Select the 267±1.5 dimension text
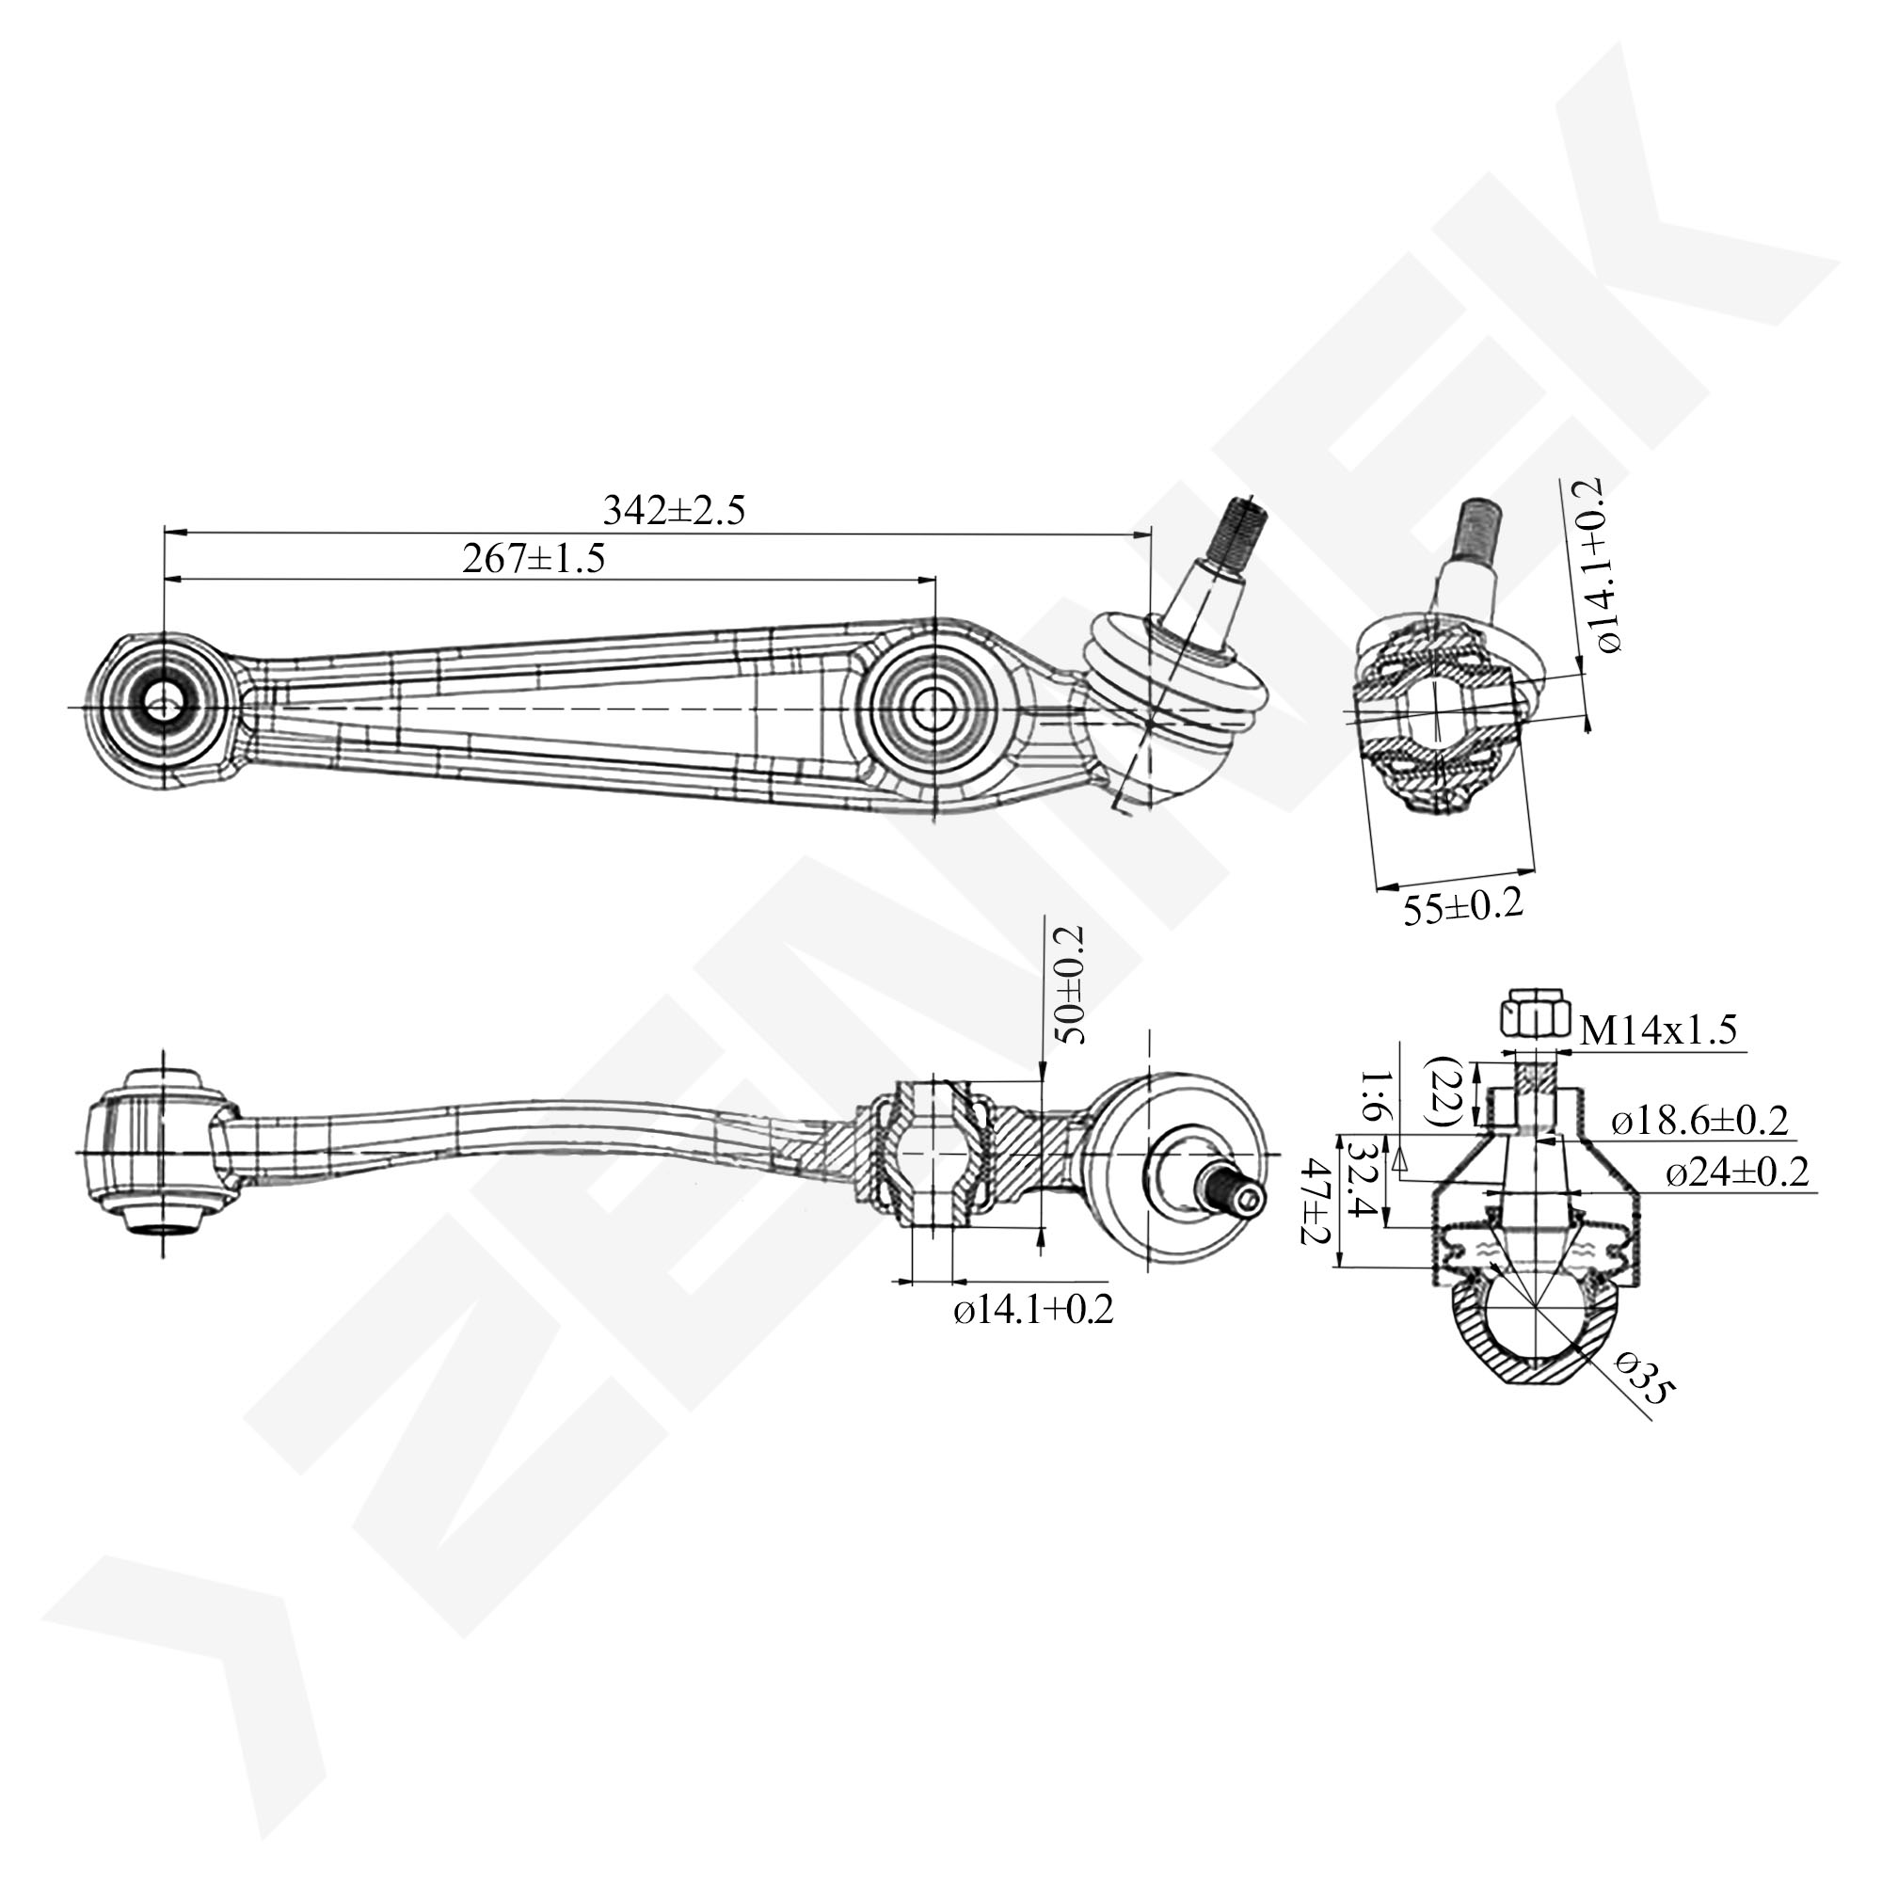[x=533, y=559]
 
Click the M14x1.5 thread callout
[x=1658, y=1030]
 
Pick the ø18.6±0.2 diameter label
[x=1699, y=1123]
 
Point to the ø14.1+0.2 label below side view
[x=1032, y=1310]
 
